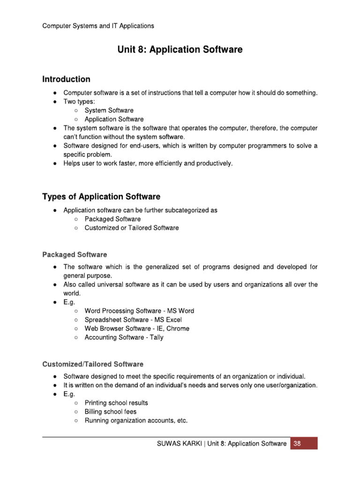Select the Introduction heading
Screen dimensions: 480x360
point(66,79)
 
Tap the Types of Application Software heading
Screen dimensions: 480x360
point(101,196)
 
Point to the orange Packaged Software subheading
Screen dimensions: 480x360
point(75,255)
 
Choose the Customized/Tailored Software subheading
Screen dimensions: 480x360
point(93,364)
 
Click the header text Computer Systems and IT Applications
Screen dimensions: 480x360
point(98,26)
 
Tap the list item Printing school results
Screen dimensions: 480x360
point(116,403)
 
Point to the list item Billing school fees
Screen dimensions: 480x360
point(111,412)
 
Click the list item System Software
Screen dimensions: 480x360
point(109,111)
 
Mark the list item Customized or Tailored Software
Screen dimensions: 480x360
point(132,228)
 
